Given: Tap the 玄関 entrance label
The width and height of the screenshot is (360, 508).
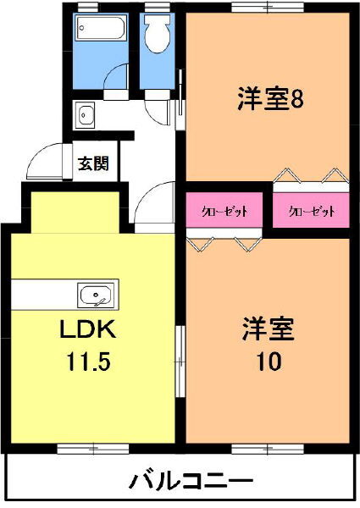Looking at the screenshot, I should click(x=93, y=164).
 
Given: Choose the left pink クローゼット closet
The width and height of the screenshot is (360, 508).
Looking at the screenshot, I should click(x=224, y=211).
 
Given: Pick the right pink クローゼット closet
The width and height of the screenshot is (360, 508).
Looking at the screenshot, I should click(x=311, y=211).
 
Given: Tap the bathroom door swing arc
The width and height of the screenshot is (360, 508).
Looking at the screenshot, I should click(x=116, y=76).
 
